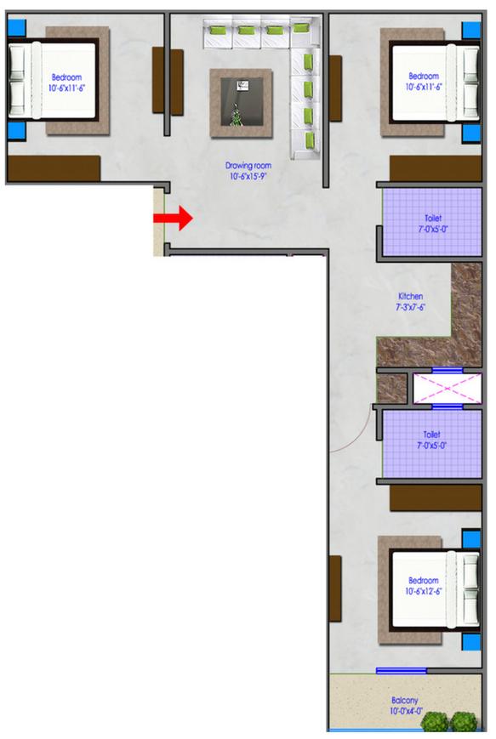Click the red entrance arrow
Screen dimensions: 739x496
click(173, 218)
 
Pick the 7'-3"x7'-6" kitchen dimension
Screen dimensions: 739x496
click(410, 307)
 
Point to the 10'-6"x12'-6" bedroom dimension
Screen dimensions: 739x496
click(423, 591)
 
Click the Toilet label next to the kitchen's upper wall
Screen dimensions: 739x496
click(422, 218)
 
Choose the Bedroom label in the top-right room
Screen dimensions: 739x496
click(423, 75)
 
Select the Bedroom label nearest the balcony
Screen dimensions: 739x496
click(423, 580)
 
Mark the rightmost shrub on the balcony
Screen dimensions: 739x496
click(464, 722)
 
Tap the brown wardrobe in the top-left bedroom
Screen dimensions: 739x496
click(53, 168)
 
